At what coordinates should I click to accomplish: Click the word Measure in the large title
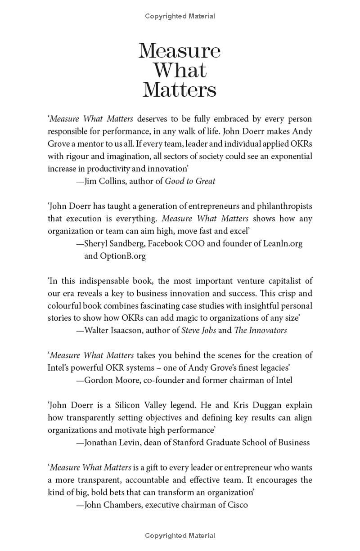[180, 51]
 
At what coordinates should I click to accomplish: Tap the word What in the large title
[180, 70]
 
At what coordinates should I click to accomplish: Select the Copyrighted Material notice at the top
[180, 16]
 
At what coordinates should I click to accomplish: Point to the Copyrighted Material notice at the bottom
[180, 536]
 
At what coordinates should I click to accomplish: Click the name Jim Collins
[105, 181]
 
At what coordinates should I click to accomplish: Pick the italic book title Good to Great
[190, 181]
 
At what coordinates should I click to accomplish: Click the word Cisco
[237, 505]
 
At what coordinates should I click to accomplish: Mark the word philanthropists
[279, 206]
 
